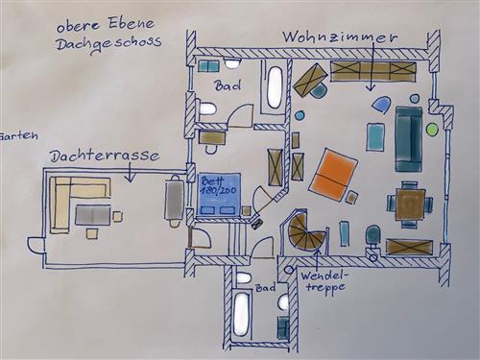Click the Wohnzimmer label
[340, 37]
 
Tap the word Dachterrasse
[105, 156]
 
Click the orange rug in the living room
[333, 175]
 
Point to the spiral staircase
[306, 231]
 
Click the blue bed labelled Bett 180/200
[220, 194]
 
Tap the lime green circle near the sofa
[432, 129]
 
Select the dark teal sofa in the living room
[409, 139]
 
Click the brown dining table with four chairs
[410, 204]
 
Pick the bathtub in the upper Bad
[275, 87]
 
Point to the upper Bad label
[228, 85]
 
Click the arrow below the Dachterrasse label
[130, 172]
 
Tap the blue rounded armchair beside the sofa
[382, 105]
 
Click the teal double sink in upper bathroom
[208, 66]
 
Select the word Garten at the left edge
[18, 135]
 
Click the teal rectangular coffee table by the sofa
[375, 137]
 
